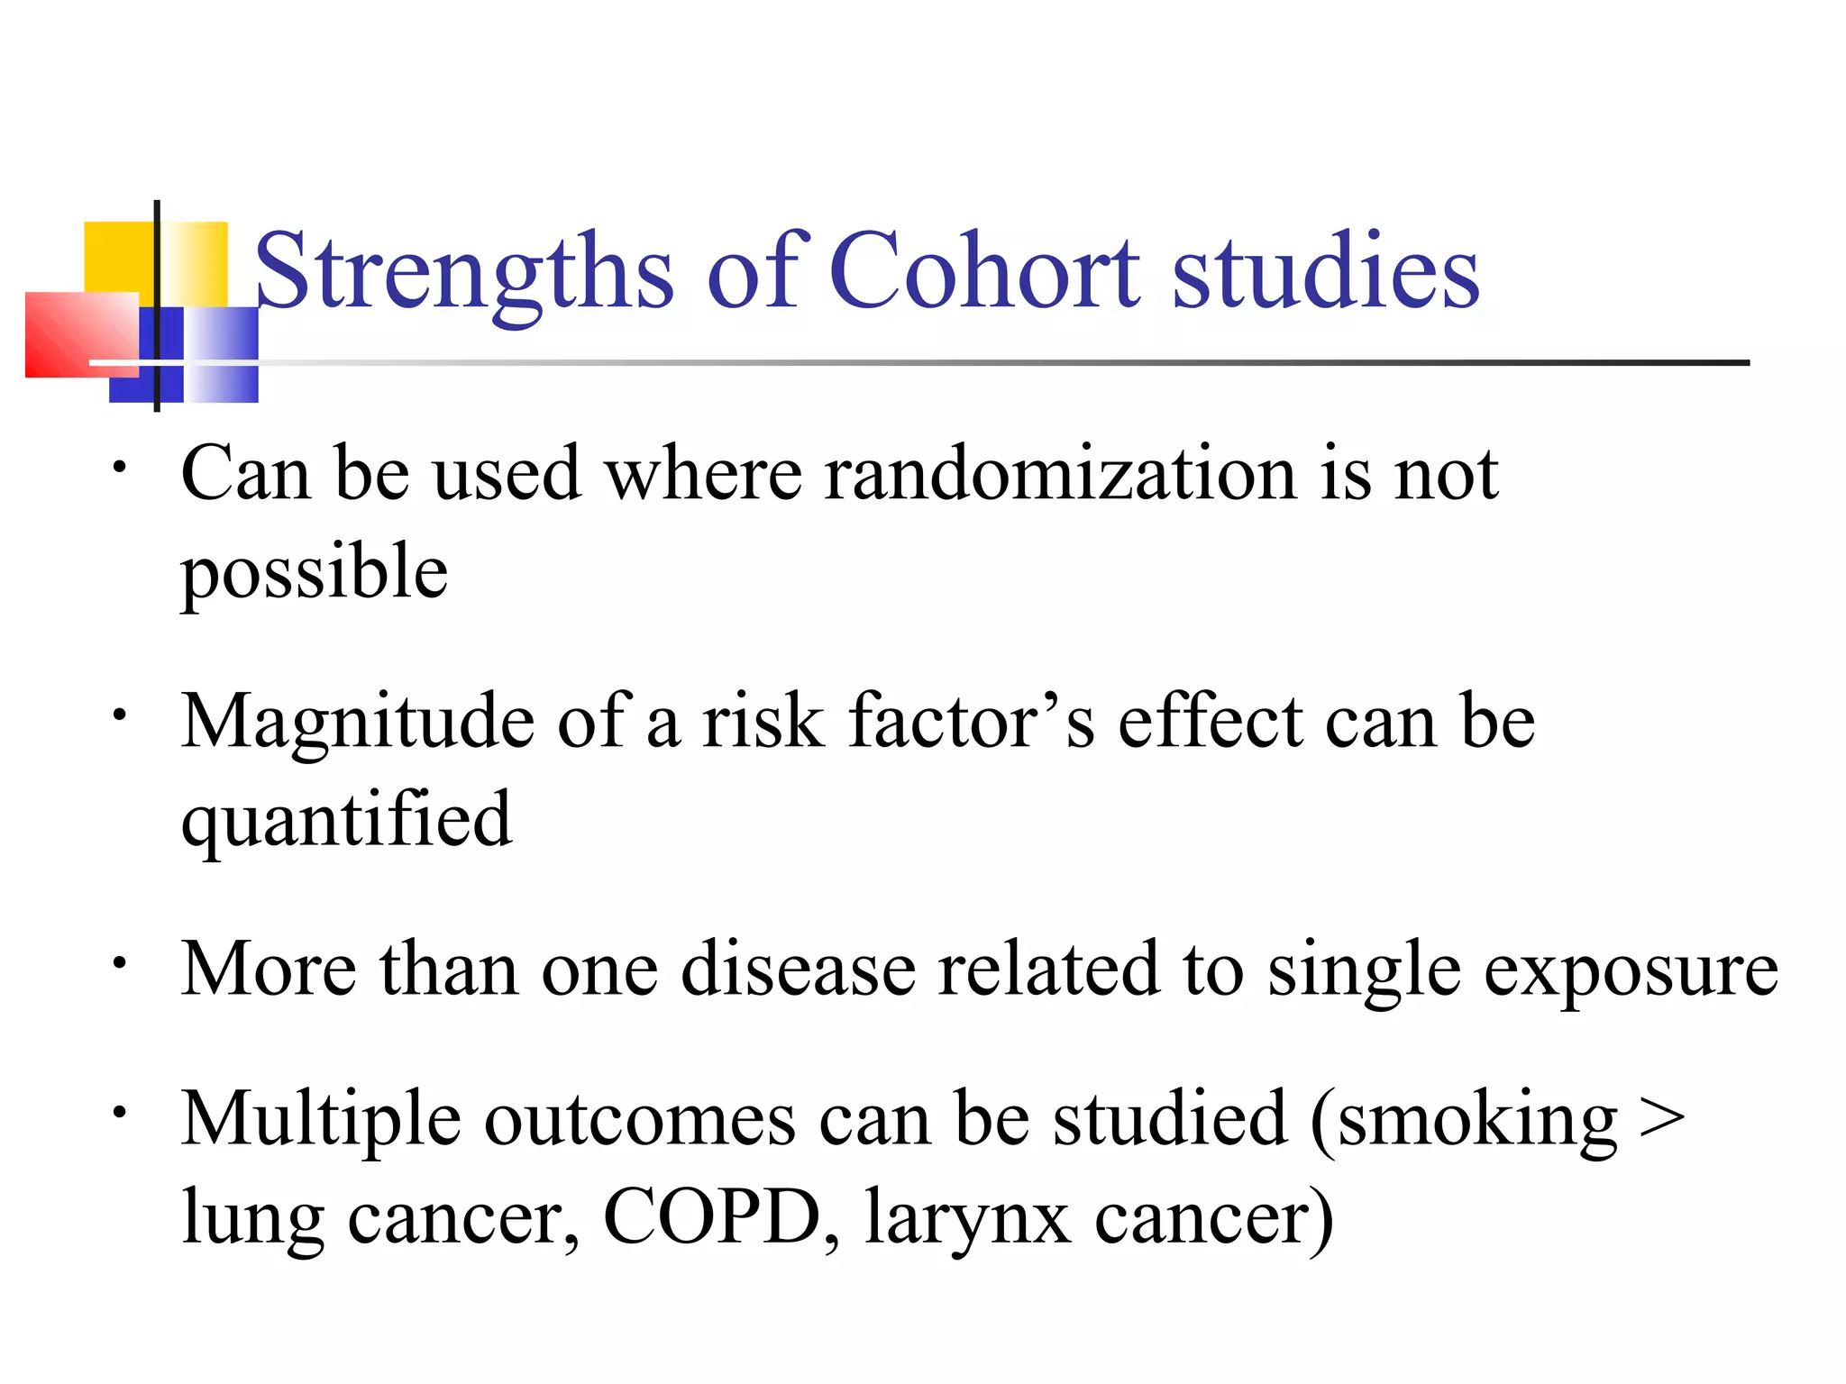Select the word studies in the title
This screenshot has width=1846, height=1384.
(x=1325, y=270)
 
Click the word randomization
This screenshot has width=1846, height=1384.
(x=1060, y=474)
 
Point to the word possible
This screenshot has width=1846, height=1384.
(x=314, y=573)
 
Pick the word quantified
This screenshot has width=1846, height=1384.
(x=346, y=820)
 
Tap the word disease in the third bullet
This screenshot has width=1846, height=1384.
(x=797, y=970)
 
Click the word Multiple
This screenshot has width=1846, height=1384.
(x=321, y=1119)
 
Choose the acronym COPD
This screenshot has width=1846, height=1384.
(x=712, y=1216)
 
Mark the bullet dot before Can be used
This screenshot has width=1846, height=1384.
(x=118, y=468)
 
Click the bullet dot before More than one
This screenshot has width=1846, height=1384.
(x=118, y=963)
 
